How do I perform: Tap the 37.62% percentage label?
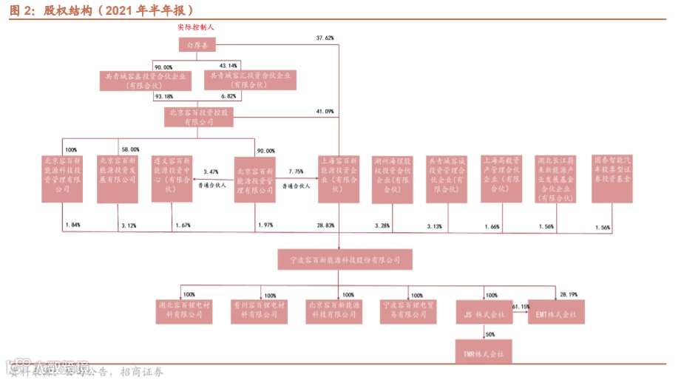tap(325, 37)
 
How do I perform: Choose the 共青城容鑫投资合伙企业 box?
tap(145, 80)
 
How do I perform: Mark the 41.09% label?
tap(325, 112)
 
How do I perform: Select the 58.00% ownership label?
tap(130, 150)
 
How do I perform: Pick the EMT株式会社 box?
tap(556, 313)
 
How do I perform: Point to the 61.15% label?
tap(521, 306)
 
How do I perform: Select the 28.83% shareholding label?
tap(325, 225)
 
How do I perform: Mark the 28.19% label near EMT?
tap(569, 294)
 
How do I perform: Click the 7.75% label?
tap(296, 172)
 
